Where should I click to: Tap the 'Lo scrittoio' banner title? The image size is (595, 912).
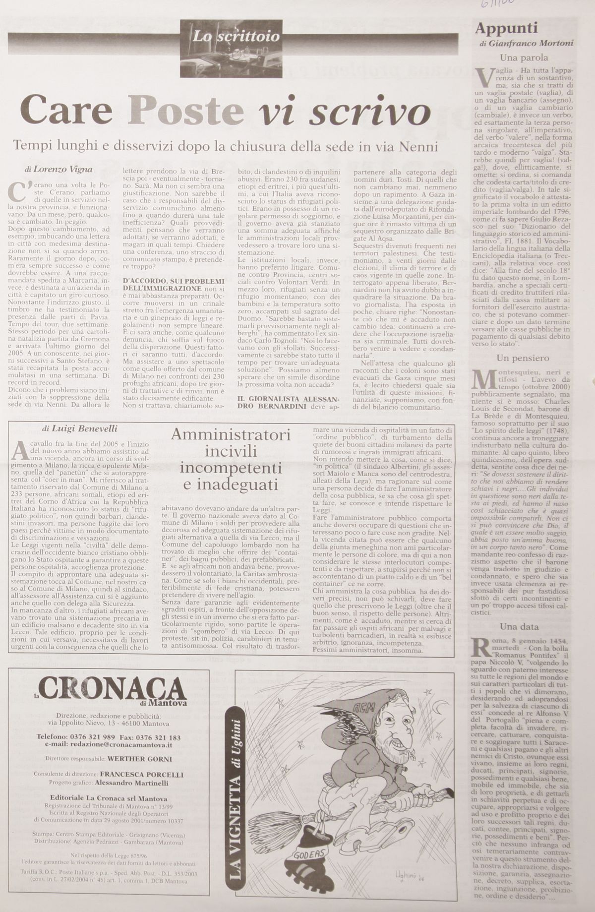click(236, 36)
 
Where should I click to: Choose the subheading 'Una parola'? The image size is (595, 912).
click(524, 57)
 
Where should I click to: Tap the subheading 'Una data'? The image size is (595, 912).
click(519, 626)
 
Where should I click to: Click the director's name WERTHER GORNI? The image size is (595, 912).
click(140, 759)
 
